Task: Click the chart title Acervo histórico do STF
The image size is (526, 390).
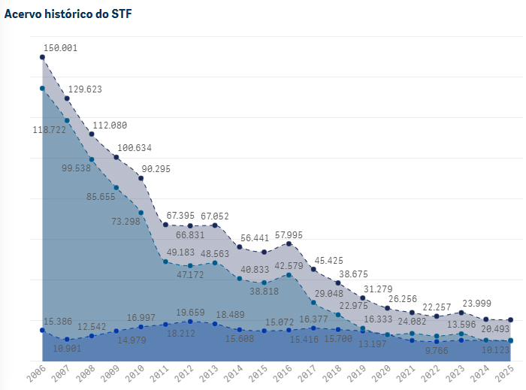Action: [68, 14]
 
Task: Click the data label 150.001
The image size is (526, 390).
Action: [60, 47]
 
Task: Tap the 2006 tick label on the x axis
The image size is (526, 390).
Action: [35, 373]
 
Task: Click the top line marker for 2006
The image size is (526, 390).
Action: [42, 57]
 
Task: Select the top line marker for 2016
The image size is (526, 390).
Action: [289, 244]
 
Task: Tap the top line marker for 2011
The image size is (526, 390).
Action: [165, 225]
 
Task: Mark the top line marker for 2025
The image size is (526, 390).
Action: [511, 320]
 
